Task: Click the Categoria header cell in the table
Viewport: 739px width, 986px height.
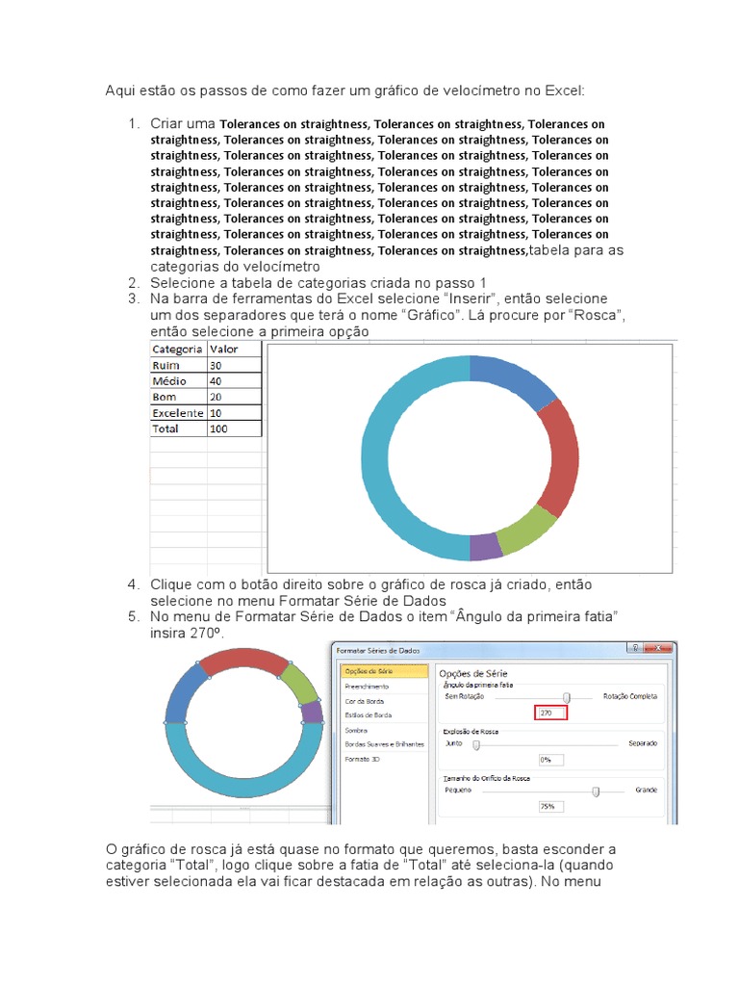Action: point(177,350)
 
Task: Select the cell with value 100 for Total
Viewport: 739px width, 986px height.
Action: point(234,428)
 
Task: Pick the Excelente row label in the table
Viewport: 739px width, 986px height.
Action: point(177,413)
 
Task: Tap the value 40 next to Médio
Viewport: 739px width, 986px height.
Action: point(234,381)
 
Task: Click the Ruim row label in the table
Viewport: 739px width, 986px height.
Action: point(177,366)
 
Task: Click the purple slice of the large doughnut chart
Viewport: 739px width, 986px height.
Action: point(486,547)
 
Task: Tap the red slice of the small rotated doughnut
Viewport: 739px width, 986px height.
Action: point(243,661)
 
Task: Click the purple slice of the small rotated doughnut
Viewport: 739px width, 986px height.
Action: point(311,713)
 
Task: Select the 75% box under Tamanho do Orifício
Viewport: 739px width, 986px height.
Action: point(547,807)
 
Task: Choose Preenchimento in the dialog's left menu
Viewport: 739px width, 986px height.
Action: point(367,687)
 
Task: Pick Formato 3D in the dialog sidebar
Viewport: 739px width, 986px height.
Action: point(363,759)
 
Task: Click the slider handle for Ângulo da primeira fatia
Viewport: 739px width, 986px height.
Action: point(567,696)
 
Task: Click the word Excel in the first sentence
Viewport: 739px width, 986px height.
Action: point(562,91)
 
